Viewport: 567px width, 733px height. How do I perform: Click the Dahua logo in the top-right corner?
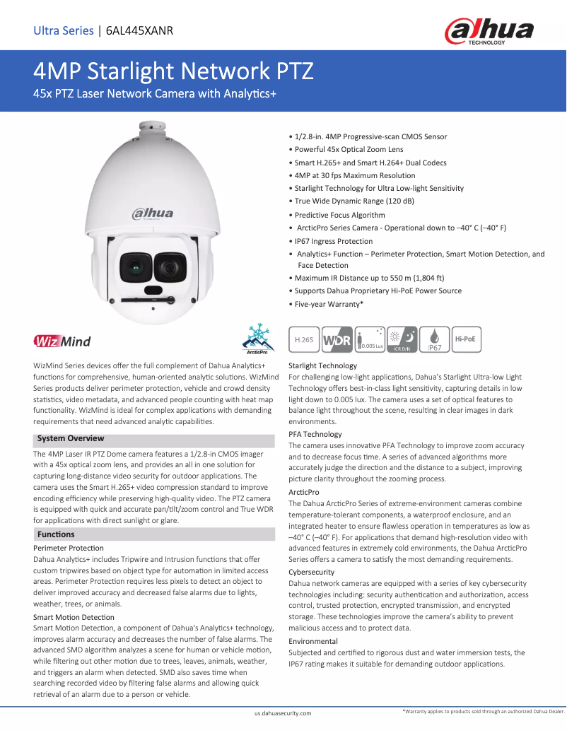(489, 32)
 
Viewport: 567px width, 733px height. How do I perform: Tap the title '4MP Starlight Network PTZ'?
(174, 72)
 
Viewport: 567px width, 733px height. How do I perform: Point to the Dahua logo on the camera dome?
(153, 213)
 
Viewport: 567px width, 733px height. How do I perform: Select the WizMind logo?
(62, 342)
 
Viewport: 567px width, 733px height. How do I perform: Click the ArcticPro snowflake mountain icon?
(256, 339)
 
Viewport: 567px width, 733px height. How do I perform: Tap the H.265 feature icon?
(303, 339)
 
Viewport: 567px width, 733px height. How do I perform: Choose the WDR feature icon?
(337, 339)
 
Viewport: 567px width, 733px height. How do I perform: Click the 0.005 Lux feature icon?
(370, 339)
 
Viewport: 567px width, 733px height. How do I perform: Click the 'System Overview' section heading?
(71, 438)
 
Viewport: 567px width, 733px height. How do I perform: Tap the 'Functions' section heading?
(56, 534)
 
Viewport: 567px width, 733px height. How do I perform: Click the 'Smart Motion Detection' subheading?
(74, 617)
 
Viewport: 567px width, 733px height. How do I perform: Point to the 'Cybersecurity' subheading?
(312, 572)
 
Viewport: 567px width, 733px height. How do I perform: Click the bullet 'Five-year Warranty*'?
(329, 304)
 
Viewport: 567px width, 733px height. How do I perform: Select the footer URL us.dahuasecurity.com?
(283, 714)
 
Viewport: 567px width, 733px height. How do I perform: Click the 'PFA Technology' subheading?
(315, 434)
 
